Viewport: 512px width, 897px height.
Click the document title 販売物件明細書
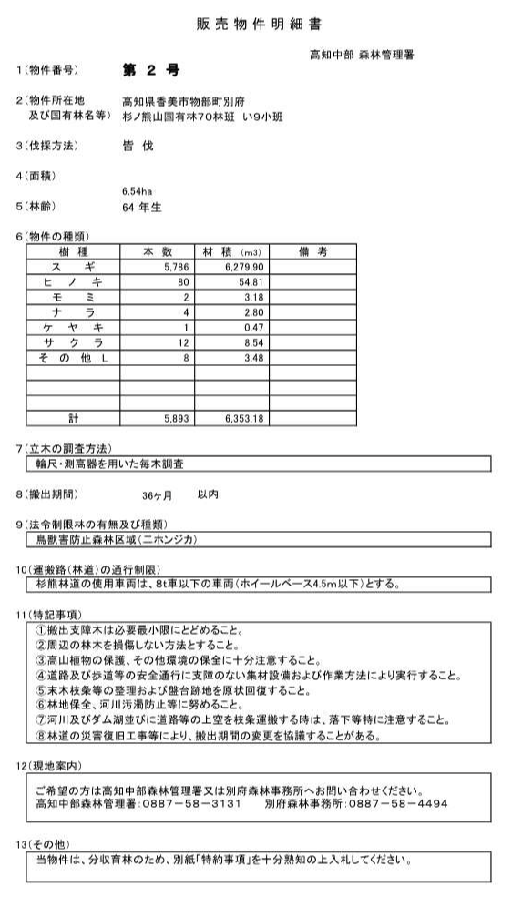click(x=258, y=25)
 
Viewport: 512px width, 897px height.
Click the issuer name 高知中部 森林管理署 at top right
click(x=362, y=55)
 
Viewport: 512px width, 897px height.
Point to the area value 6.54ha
click(x=137, y=191)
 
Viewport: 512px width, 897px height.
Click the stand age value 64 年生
click(x=141, y=206)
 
